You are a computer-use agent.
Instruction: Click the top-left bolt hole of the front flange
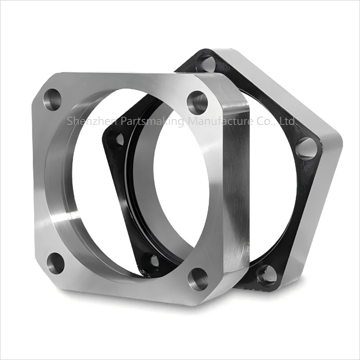coord(52,99)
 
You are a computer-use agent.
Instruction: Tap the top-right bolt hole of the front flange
coord(197,103)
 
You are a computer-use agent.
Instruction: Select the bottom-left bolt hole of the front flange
coord(55,263)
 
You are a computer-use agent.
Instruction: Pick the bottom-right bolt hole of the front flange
coord(198,279)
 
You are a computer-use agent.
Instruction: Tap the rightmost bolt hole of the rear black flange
coord(306,148)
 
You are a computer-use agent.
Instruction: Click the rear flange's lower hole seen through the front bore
coord(151,261)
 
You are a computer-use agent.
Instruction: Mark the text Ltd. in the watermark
coord(287,121)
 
